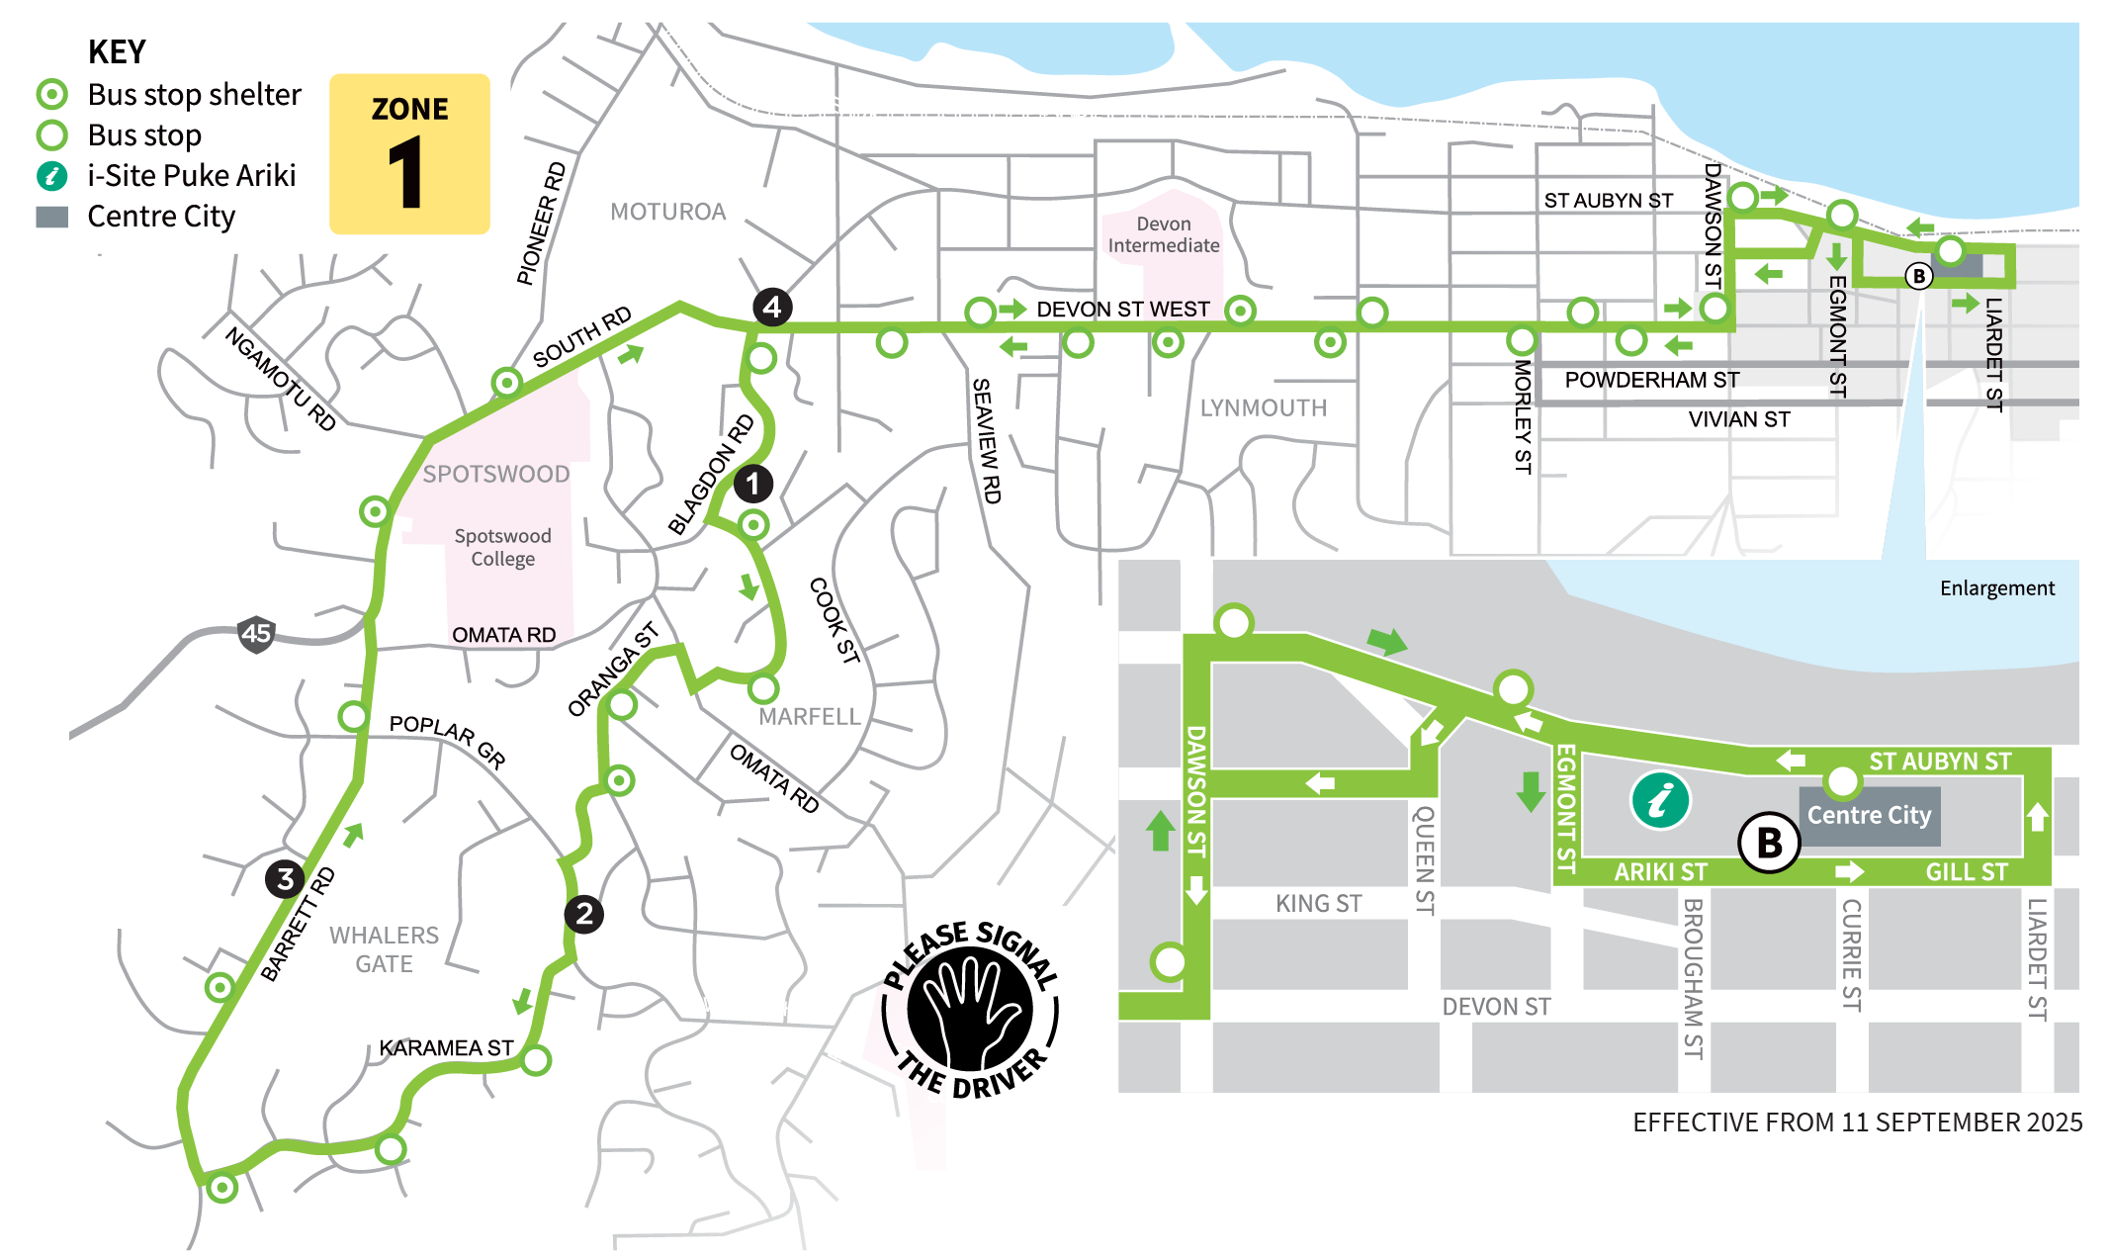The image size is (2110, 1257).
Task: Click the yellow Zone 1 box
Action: pos(409,153)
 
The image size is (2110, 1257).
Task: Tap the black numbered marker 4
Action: pos(772,307)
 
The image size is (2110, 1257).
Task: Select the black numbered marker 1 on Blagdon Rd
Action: pos(752,484)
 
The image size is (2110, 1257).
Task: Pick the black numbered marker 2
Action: pos(584,914)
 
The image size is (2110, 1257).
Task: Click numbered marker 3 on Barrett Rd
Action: pos(285,878)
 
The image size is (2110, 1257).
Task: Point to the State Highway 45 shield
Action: pos(256,634)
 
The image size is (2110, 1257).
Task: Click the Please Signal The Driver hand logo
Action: pos(970,1009)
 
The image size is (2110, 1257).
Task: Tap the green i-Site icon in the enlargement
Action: pos(1660,799)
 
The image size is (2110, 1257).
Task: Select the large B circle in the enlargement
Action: pos(1769,843)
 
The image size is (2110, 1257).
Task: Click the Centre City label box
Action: pos(1869,815)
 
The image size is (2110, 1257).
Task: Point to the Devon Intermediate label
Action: pos(1163,234)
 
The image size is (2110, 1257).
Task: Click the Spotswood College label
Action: pos(502,547)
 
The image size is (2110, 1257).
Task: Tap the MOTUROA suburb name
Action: pos(667,212)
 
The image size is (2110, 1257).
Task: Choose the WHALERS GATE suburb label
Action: pos(384,949)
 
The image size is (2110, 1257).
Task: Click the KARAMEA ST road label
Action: pos(446,1047)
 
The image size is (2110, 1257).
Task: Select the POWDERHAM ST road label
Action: pos(1651,380)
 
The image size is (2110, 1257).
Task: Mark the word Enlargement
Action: pos(1996,588)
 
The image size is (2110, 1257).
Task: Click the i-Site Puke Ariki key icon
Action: pos(51,176)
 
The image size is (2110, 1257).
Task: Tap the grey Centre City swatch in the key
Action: pos(51,217)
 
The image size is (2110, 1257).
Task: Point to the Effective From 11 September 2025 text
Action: pos(1857,1122)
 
